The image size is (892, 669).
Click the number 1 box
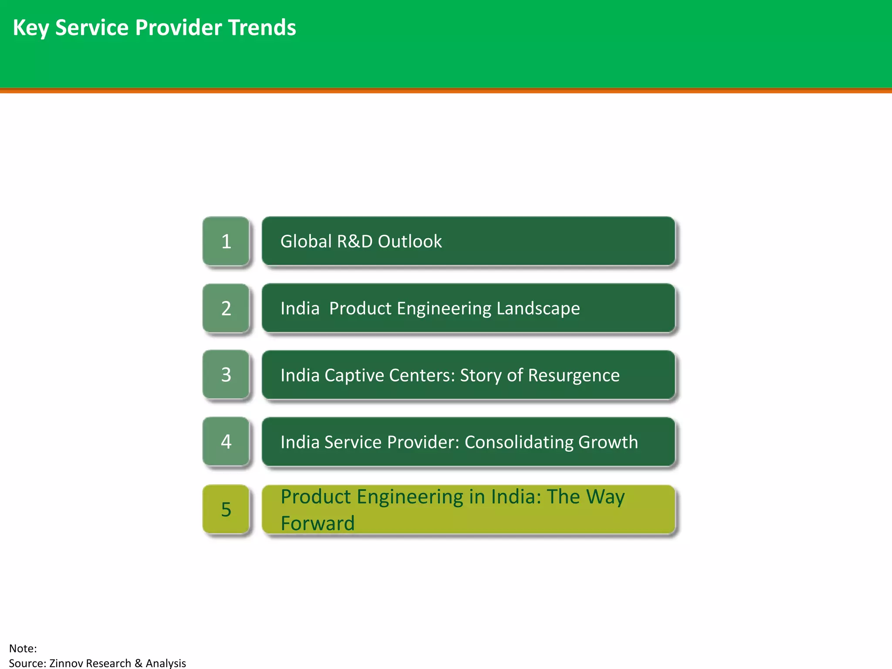click(x=226, y=241)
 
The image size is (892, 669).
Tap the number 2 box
click(x=226, y=308)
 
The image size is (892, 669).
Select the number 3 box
click(x=226, y=375)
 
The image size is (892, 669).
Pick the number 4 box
click(x=226, y=442)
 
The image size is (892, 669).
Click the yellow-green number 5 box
click(x=226, y=509)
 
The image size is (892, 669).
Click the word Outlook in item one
click(x=410, y=241)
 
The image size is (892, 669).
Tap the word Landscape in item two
click(x=538, y=308)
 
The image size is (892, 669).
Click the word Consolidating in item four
click(x=519, y=442)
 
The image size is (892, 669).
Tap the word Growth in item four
click(x=608, y=442)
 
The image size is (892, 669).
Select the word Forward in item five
click(x=318, y=523)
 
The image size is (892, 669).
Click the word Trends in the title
click(x=262, y=27)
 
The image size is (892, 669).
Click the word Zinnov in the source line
click(x=68, y=663)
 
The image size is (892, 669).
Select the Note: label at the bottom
click(x=23, y=648)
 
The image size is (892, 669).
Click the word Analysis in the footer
click(x=166, y=663)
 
